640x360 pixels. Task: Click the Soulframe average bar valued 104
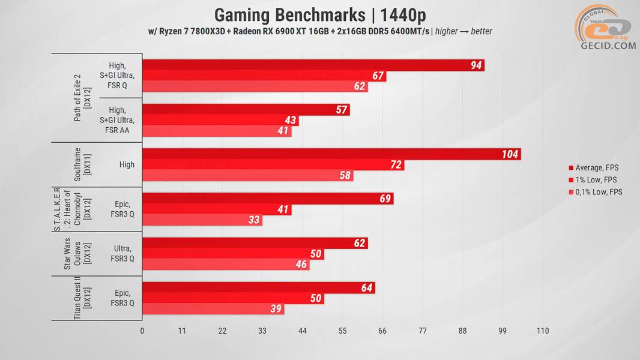pyautogui.click(x=330, y=154)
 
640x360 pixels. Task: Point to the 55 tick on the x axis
pyautogui.click(x=342, y=331)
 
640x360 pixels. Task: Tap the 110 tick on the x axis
pyautogui.click(x=543, y=331)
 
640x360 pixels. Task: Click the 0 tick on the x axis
pyautogui.click(x=142, y=331)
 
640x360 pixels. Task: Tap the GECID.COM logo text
pyautogui.click(x=608, y=45)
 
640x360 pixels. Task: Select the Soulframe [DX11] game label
pyautogui.click(x=82, y=165)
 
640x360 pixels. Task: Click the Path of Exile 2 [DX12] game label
pyautogui.click(x=82, y=98)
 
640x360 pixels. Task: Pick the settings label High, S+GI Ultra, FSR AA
pyautogui.click(x=118, y=120)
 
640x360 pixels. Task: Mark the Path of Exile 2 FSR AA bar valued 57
pyautogui.click(x=246, y=110)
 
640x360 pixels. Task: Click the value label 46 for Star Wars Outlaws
pyautogui.click(x=301, y=265)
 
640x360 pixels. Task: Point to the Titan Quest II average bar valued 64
pyautogui.click(x=258, y=287)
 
